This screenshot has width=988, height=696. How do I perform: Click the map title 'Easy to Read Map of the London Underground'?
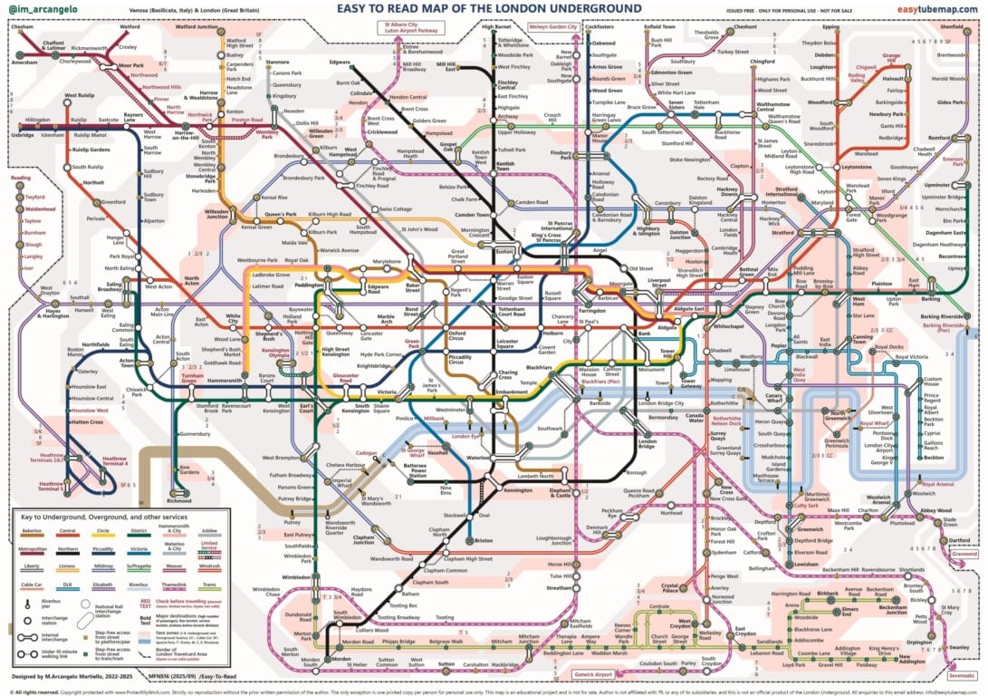[x=489, y=9]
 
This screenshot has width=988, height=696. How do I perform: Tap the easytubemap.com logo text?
[x=936, y=9]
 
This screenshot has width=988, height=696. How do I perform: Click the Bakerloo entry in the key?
[x=31, y=533]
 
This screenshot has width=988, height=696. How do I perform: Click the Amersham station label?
[x=24, y=62]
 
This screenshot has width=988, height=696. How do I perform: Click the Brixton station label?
[x=484, y=515]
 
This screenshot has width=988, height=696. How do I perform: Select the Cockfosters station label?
[x=600, y=27]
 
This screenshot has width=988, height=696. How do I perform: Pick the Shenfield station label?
[x=952, y=27]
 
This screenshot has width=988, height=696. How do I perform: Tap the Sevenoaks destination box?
[x=962, y=675]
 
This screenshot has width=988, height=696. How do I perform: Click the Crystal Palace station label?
[x=669, y=590]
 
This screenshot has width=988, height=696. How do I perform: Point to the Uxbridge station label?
[x=23, y=135]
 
